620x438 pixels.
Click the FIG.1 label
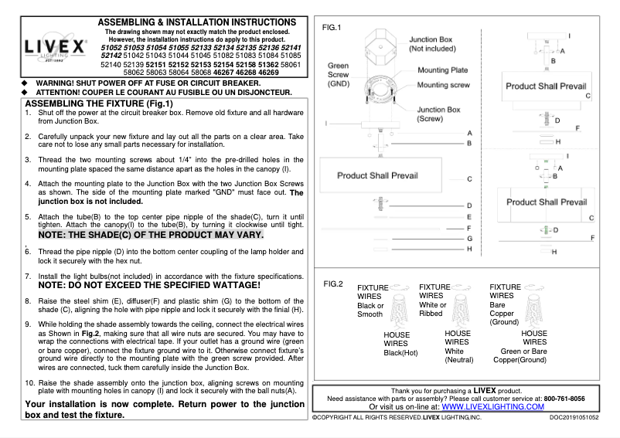point(331,28)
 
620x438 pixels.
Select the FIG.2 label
point(333,284)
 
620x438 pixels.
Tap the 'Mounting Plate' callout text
point(443,70)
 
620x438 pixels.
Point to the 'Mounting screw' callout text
point(444,85)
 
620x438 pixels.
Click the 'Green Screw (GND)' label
point(339,74)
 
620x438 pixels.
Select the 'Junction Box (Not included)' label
point(431,43)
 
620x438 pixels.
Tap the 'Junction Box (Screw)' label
point(438,114)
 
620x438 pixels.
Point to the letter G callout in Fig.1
point(469,239)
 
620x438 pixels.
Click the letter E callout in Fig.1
point(469,217)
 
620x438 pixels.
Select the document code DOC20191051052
point(574,417)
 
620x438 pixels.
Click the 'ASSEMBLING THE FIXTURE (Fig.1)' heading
point(100,104)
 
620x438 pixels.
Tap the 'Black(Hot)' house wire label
point(400,353)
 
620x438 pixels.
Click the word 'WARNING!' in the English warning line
point(58,82)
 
